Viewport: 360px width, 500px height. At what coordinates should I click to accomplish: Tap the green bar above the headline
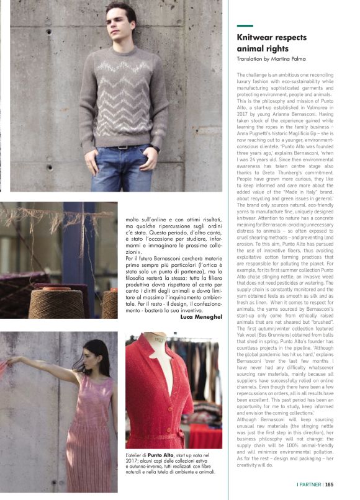(245, 26)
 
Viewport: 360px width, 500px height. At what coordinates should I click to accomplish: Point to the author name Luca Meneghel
(200, 317)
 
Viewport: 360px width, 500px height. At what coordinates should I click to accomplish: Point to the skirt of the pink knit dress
(93, 453)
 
